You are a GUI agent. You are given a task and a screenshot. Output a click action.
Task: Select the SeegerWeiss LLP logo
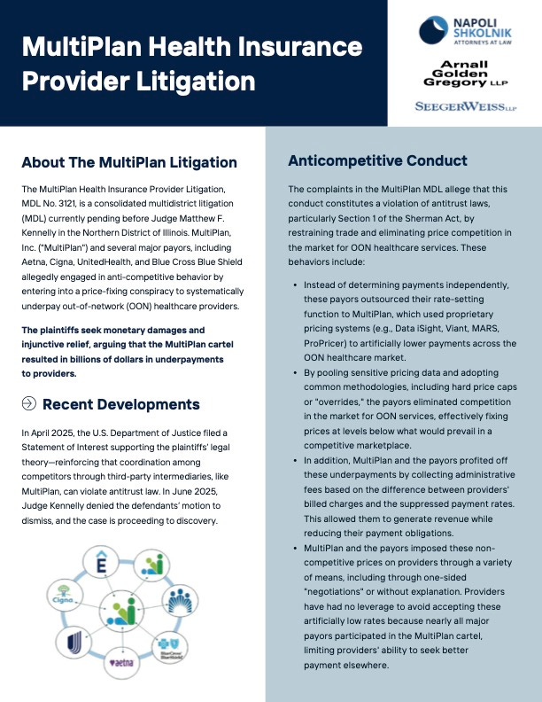(x=465, y=107)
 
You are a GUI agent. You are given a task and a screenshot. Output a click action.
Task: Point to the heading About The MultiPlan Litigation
(x=129, y=162)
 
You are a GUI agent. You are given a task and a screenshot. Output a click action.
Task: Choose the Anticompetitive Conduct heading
(x=377, y=161)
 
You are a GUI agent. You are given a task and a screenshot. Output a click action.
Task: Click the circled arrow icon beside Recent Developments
(x=28, y=404)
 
